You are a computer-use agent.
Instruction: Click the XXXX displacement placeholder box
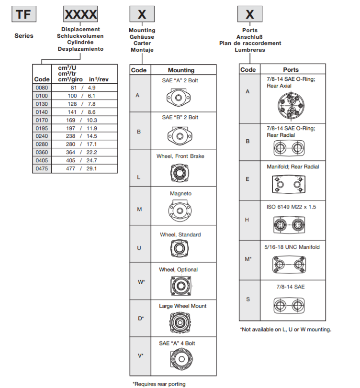(x=80, y=14)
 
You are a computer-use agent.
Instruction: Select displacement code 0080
(x=42, y=88)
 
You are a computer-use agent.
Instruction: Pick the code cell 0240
(x=42, y=136)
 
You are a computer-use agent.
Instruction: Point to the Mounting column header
(x=181, y=70)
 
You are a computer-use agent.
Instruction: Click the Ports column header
(x=291, y=69)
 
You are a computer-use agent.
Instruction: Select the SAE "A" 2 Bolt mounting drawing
(x=180, y=99)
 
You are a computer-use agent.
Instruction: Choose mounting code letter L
(x=138, y=177)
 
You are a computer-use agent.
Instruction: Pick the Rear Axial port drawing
(x=291, y=106)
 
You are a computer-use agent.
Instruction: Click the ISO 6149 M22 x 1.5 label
(x=292, y=207)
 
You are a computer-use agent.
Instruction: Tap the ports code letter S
(x=247, y=299)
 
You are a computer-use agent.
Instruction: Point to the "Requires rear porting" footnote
(x=158, y=384)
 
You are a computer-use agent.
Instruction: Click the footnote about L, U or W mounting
(x=285, y=329)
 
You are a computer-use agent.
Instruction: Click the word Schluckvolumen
(x=80, y=36)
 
